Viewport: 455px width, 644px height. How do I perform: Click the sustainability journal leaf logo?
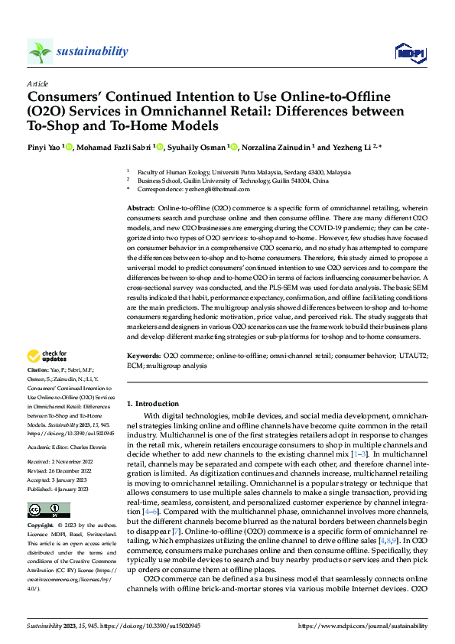coord(40,52)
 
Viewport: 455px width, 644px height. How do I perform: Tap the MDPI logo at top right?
coord(409,52)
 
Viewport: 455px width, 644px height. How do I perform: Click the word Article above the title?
coord(37,83)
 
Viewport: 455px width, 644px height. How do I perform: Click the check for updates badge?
coord(48,356)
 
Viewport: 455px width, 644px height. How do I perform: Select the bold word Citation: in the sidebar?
coord(41,370)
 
